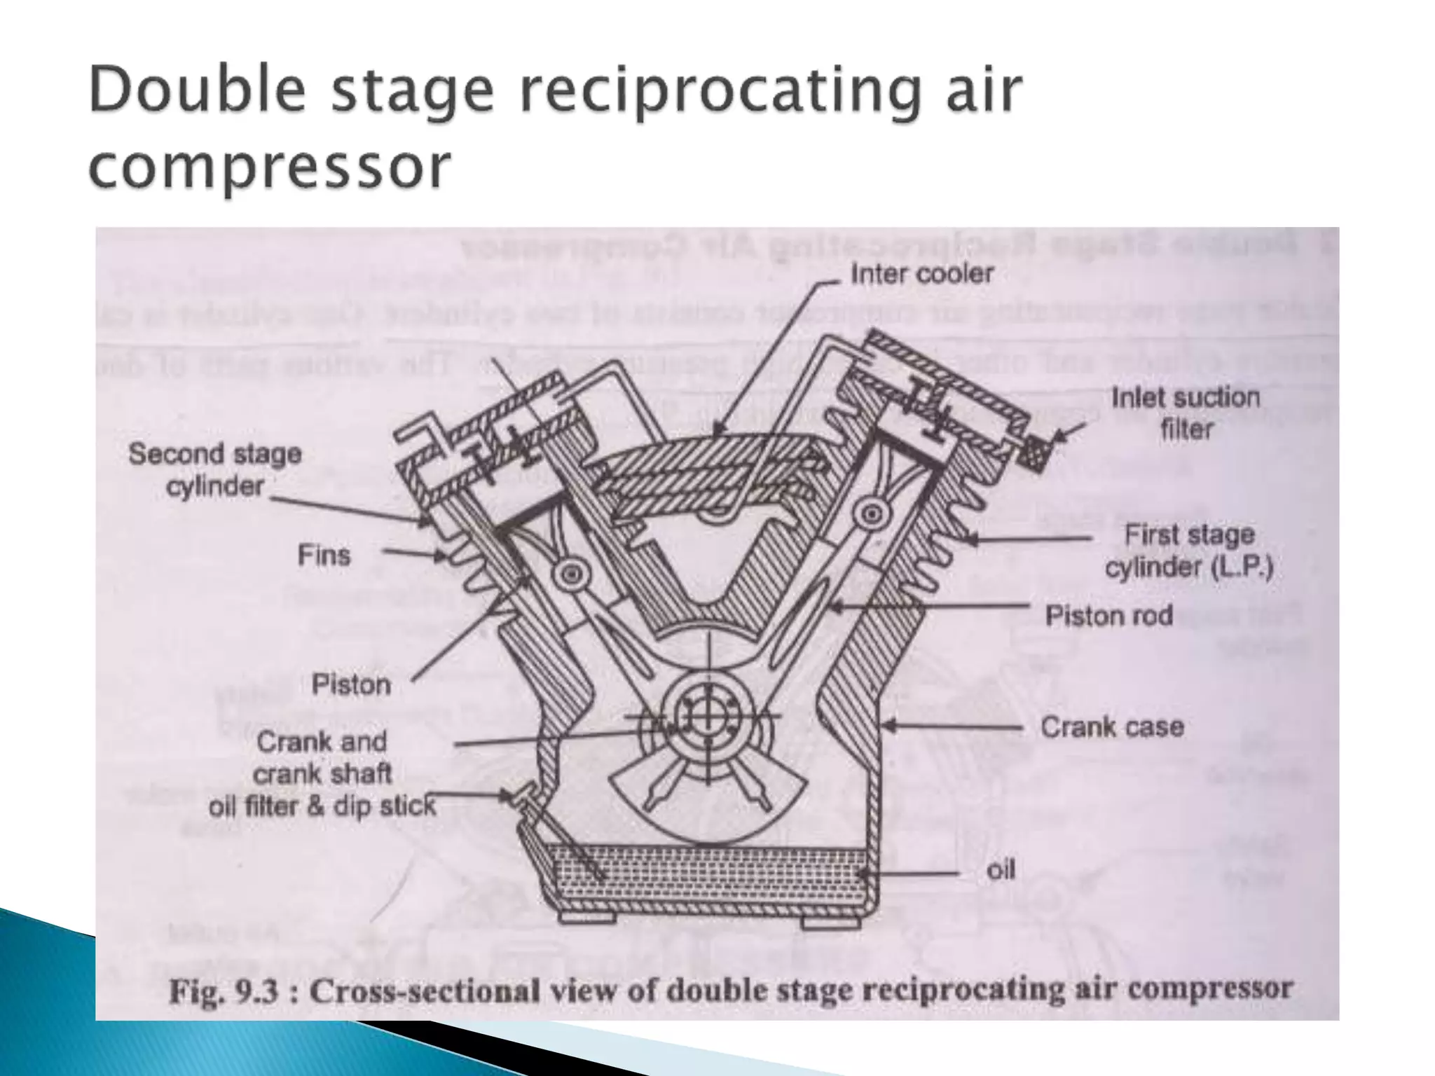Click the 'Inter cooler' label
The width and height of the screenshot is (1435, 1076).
click(921, 274)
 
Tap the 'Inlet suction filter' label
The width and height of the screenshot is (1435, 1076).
click(1185, 413)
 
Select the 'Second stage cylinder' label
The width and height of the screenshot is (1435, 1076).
click(215, 469)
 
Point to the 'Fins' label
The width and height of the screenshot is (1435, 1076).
click(324, 556)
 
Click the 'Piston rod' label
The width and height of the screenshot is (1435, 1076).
click(1108, 616)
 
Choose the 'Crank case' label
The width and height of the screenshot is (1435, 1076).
click(1112, 726)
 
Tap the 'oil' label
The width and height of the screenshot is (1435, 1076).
click(1000, 871)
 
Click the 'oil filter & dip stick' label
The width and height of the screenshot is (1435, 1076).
click(322, 806)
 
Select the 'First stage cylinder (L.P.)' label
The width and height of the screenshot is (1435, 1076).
click(1189, 551)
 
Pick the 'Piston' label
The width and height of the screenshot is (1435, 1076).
click(351, 684)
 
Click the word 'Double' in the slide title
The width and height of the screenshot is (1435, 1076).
click(198, 92)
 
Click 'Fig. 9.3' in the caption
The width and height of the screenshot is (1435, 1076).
click(224, 992)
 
